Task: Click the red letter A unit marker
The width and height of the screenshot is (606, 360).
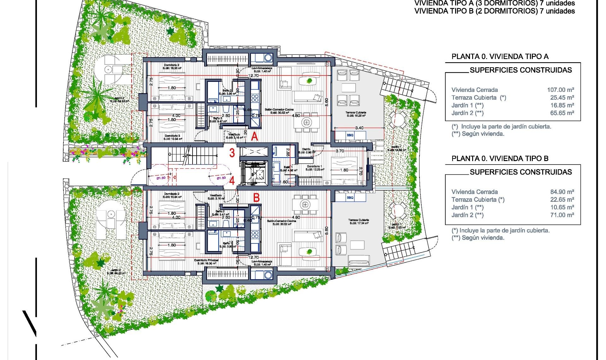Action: tap(254, 137)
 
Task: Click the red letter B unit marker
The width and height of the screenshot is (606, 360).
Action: tap(257, 198)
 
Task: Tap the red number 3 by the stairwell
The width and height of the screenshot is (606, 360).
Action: tap(232, 153)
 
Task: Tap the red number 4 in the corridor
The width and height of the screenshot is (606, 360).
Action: tap(232, 181)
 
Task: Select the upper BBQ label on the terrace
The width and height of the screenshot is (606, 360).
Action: tap(350, 135)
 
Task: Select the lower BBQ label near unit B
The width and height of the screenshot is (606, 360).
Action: tap(350, 198)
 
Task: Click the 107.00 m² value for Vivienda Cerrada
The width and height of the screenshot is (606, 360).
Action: tap(561, 90)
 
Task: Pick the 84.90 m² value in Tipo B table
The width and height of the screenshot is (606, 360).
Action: tap(562, 192)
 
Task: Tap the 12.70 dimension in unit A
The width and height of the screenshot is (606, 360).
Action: tap(253, 76)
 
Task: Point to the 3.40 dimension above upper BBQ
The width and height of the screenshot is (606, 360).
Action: tap(359, 128)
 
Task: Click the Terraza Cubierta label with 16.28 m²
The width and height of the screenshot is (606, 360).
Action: tap(356, 114)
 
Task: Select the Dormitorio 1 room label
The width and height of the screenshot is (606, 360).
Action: tap(315, 168)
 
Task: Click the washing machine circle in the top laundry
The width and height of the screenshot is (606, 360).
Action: tap(268, 58)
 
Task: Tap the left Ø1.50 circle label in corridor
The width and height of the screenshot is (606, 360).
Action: tap(161, 178)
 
